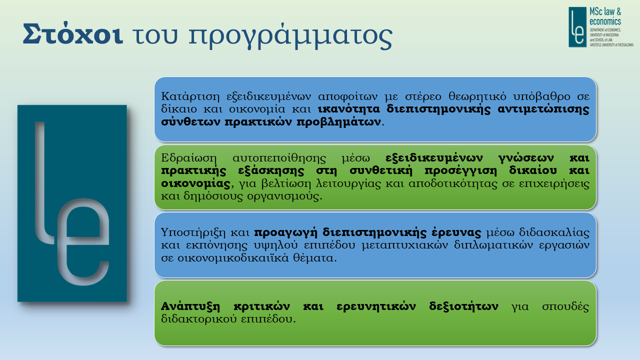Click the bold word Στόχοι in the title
(73, 33)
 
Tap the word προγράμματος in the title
(290, 36)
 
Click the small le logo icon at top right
(577, 27)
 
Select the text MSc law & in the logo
(605, 11)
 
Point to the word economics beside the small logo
(605, 21)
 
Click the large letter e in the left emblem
(83, 241)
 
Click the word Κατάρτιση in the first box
(190, 96)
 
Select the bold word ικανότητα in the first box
(349, 109)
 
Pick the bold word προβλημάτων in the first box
(339, 122)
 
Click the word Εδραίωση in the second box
(189, 158)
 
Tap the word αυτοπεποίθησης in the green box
(279, 158)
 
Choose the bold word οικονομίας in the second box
(195, 183)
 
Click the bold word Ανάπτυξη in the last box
(190, 306)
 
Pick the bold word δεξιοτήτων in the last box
(463, 306)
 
